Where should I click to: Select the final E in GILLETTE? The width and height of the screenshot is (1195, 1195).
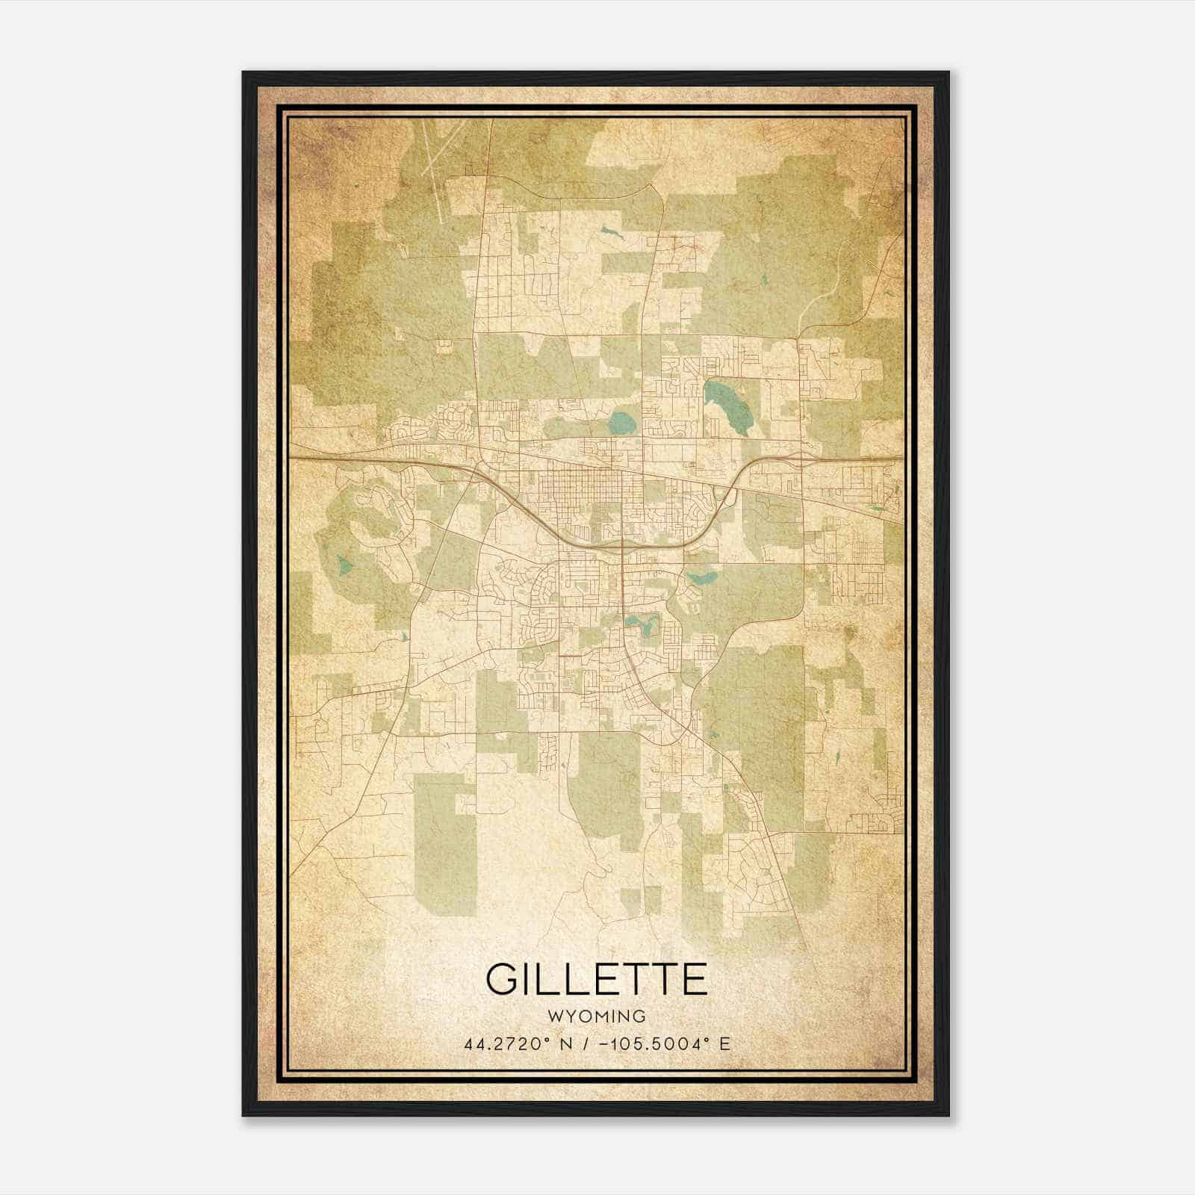pos(694,979)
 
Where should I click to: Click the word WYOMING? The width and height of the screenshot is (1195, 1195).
pos(597,1016)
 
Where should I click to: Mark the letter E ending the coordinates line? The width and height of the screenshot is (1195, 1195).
pos(724,1044)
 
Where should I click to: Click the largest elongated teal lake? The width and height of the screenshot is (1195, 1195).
pos(722,406)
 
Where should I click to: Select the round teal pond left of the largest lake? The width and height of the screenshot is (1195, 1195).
pos(621,424)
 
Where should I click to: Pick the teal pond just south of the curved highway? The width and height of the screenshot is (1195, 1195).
pos(701,577)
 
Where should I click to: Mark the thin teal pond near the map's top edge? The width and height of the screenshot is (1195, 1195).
pos(610,232)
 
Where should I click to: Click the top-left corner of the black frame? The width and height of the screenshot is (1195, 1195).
pos(244,73)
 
